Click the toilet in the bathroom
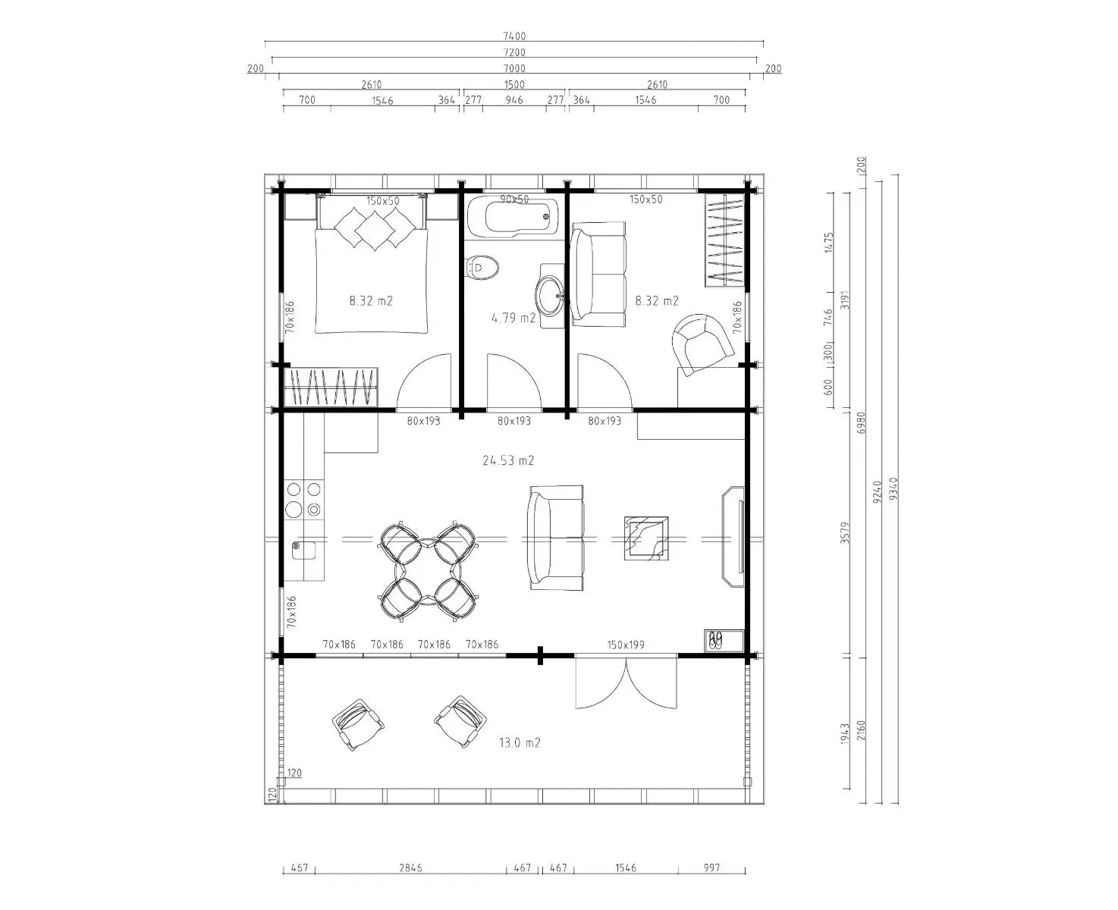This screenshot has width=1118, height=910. click(x=482, y=268)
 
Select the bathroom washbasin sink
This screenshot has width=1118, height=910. click(x=550, y=296)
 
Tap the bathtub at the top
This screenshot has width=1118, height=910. click(x=514, y=216)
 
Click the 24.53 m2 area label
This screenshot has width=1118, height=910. click(x=508, y=460)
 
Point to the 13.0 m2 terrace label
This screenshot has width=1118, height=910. click(x=520, y=742)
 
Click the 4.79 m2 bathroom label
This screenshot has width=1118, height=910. click(x=513, y=318)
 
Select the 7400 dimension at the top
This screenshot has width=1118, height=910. click(x=514, y=36)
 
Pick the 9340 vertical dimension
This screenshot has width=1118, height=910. click(x=894, y=488)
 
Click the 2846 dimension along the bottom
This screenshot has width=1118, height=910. click(x=410, y=868)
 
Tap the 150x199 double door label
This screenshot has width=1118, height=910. click(x=626, y=645)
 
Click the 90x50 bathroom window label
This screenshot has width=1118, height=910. click(x=514, y=199)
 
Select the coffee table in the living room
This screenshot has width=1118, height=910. click(x=646, y=538)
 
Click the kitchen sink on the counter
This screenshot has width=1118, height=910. click(x=303, y=551)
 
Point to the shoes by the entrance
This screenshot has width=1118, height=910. click(x=715, y=640)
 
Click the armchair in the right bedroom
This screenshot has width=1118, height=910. click(x=703, y=344)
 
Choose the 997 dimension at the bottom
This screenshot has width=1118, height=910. click(x=711, y=868)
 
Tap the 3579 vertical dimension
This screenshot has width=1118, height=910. click(x=844, y=532)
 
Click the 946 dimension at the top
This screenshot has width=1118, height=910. click(x=514, y=99)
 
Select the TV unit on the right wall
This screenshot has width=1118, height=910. click(x=733, y=536)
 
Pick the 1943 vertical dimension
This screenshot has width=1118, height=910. click(x=844, y=733)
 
